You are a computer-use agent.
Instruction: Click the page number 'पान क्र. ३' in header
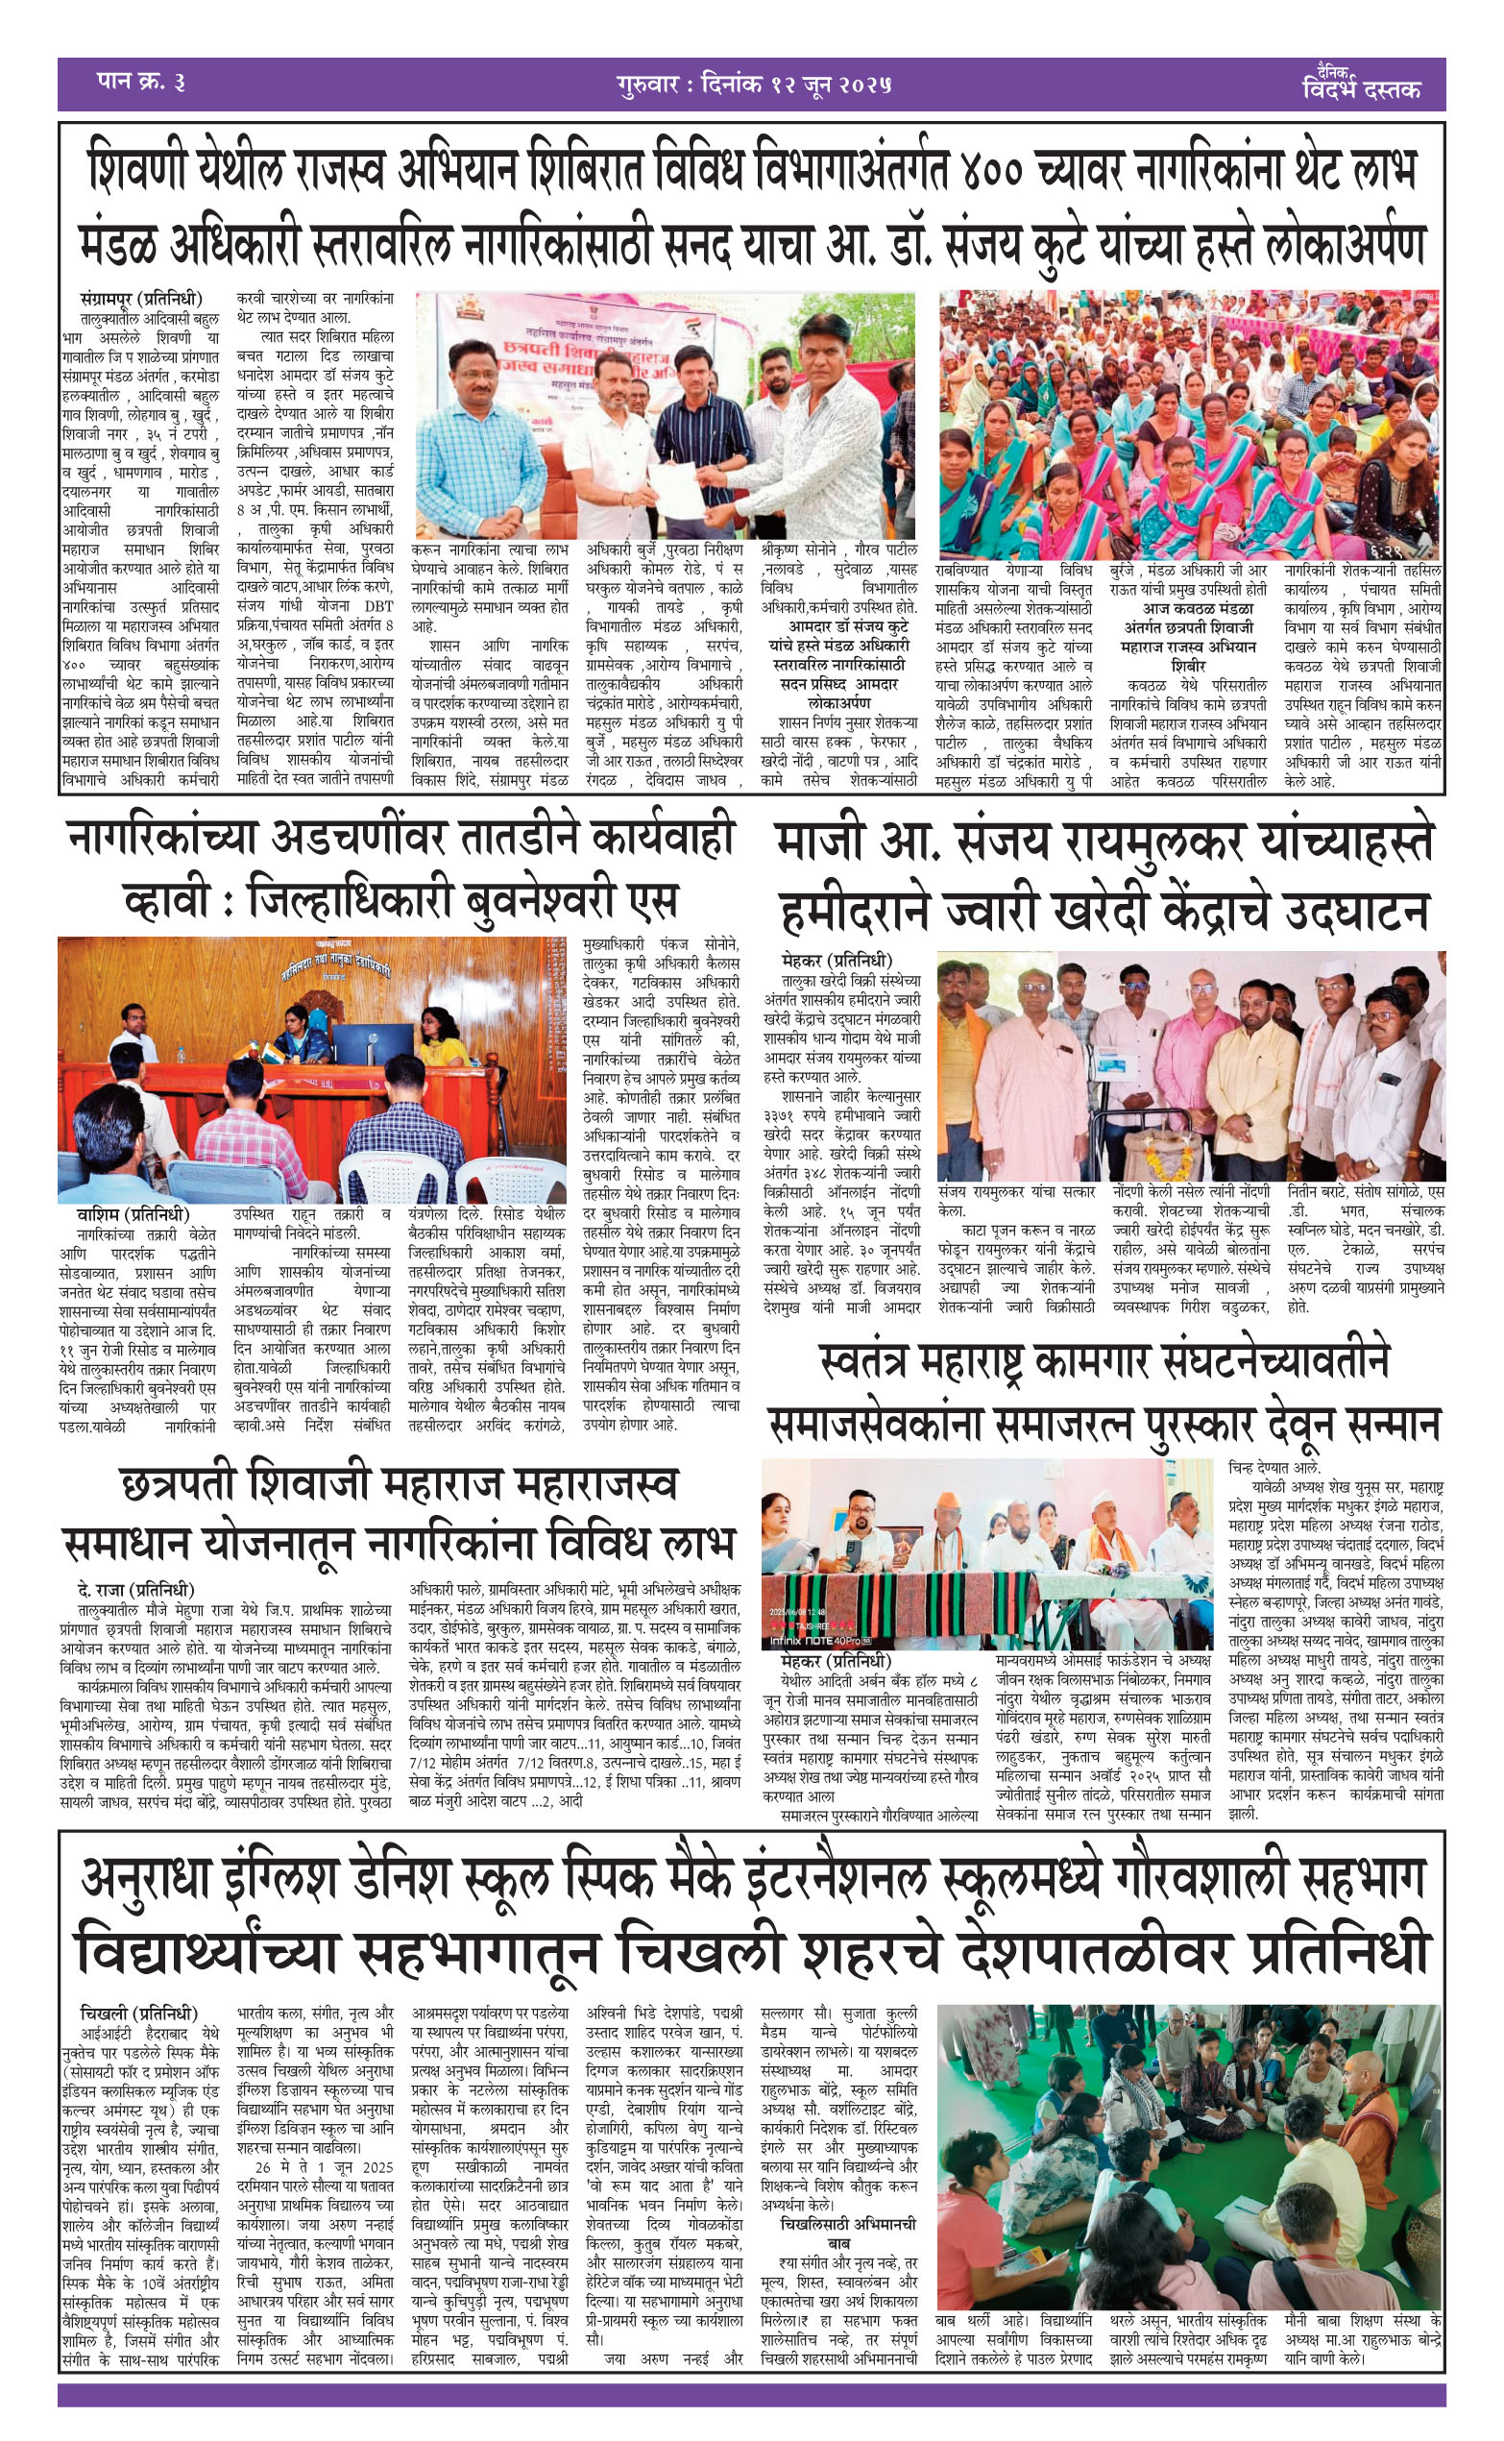click(140, 84)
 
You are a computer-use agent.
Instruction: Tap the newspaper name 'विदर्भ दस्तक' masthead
click(1361, 88)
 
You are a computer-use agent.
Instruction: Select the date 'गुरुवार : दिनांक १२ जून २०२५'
click(752, 84)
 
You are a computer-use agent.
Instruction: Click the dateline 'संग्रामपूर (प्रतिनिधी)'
click(142, 299)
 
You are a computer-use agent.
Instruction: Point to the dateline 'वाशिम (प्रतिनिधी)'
click(133, 1214)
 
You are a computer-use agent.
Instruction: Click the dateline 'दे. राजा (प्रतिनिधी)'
click(135, 1590)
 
